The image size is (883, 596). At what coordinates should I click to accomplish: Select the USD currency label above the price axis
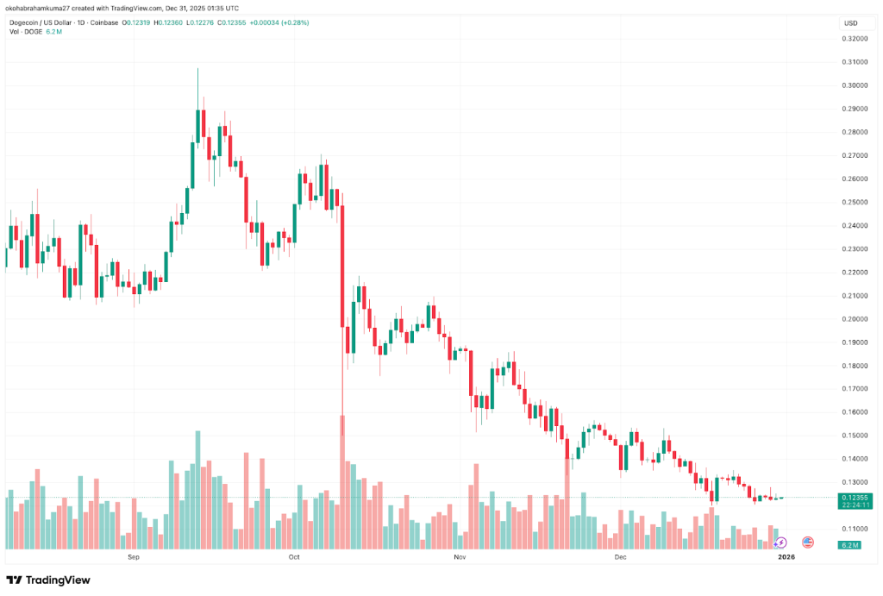click(x=850, y=23)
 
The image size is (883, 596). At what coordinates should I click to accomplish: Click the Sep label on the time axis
click(x=133, y=558)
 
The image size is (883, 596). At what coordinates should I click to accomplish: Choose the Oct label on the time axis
click(x=294, y=558)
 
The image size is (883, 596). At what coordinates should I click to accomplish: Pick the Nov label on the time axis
click(x=460, y=558)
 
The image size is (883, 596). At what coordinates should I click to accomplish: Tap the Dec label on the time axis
click(x=620, y=558)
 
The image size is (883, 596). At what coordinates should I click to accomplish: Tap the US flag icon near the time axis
click(x=808, y=543)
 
